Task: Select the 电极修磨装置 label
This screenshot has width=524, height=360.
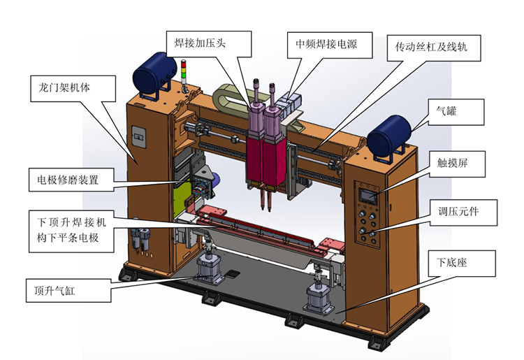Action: tap(73, 179)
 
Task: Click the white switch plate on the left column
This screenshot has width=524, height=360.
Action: tap(138, 137)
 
